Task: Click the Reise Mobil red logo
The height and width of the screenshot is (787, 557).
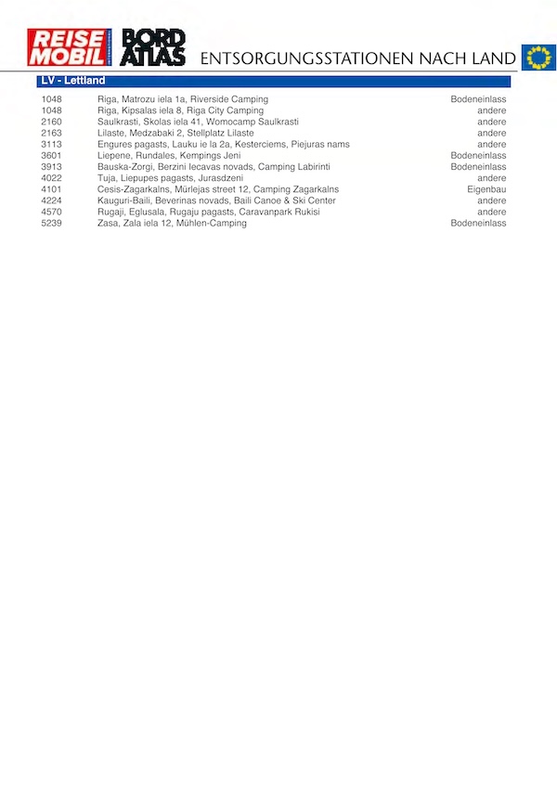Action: coord(70,47)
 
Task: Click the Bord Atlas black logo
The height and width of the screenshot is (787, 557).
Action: coord(154,47)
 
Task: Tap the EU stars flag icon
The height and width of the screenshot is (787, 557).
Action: coord(538,58)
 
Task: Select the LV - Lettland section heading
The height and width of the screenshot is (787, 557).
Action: coord(72,81)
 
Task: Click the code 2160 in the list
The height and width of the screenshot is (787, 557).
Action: coord(51,122)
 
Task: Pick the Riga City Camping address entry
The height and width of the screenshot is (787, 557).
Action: coord(180,110)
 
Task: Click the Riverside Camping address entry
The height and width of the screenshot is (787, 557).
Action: coord(182,99)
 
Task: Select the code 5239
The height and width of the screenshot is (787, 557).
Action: coord(51,223)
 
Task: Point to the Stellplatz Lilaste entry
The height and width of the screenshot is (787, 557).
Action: coord(175,133)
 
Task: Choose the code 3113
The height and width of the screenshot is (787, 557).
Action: coord(51,144)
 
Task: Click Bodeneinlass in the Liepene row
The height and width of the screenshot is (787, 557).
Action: coord(478,156)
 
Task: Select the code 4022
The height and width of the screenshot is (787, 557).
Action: coord(51,178)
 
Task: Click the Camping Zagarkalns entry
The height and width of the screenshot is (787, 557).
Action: coord(218,189)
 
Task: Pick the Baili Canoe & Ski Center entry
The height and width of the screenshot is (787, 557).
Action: coord(216,200)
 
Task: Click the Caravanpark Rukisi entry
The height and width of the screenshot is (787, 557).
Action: coord(208,212)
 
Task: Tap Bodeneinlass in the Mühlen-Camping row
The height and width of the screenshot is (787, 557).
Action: coord(478,223)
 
